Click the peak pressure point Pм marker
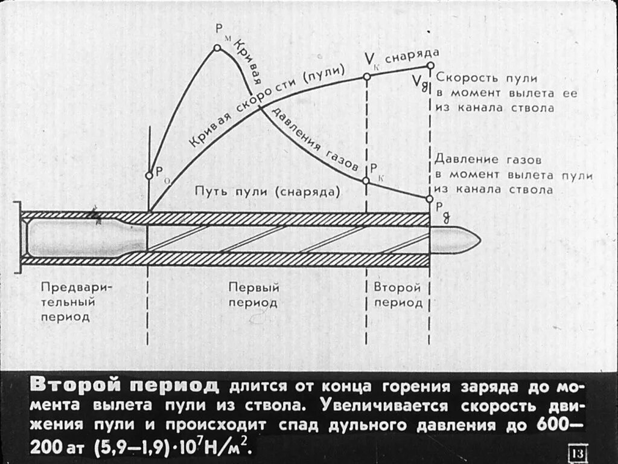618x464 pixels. tap(217, 47)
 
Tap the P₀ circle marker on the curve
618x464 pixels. tap(149, 176)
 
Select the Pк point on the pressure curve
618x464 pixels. tap(366, 181)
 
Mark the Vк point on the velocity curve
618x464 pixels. tap(366, 77)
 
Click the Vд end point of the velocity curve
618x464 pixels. tap(430, 66)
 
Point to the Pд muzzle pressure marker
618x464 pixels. tap(430, 198)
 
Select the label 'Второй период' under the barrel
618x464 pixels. tap(398, 295)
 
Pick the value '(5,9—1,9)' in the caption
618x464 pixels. tap(130, 448)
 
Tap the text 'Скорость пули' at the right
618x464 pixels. tap(486, 79)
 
